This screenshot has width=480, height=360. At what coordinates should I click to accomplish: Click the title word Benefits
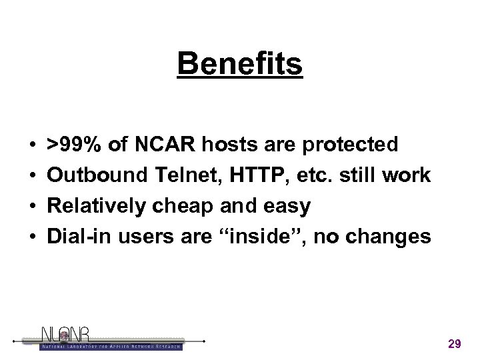240,64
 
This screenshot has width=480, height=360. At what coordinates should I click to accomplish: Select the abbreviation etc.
311,176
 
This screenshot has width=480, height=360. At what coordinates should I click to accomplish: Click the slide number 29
455,344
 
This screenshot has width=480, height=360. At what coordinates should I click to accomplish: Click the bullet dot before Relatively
31,207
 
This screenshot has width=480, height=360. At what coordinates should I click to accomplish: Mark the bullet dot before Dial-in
31,238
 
